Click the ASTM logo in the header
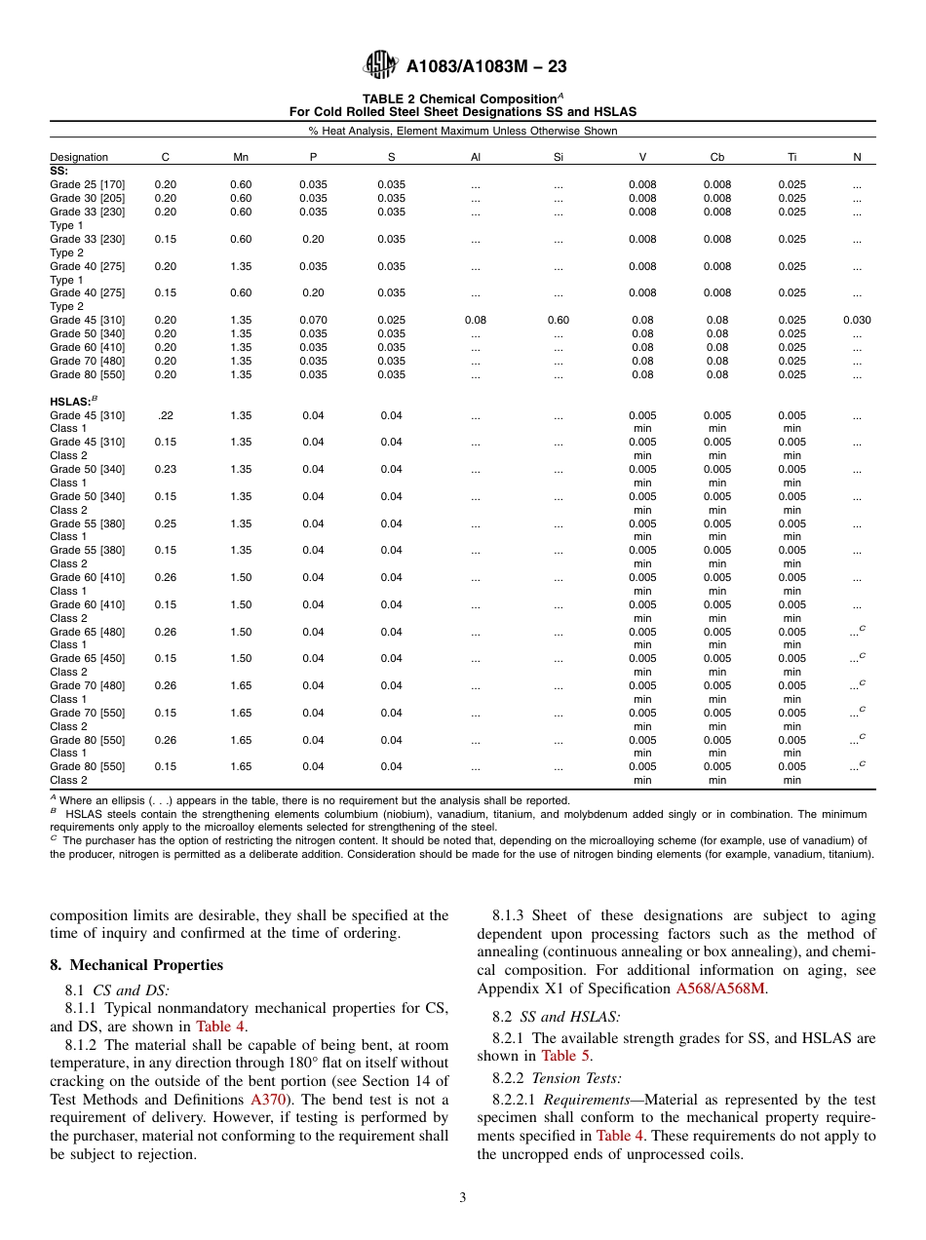pyautogui.click(x=379, y=65)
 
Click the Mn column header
pyautogui.click(x=241, y=157)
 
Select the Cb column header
pyautogui.click(x=717, y=157)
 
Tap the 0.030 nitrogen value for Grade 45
pyautogui.click(x=857, y=320)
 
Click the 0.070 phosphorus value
pyautogui.click(x=313, y=320)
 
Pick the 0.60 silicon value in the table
pyautogui.click(x=559, y=320)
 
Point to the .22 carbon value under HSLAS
pyautogui.click(x=166, y=415)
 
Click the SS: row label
pyautogui.click(x=58, y=170)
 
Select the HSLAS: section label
pyautogui.click(x=71, y=401)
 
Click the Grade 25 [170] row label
pyautogui.click(x=87, y=184)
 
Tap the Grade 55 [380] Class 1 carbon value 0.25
pyautogui.click(x=166, y=523)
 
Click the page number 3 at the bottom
pyautogui.click(x=463, y=1198)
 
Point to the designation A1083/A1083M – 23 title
pyautogui.click(x=486, y=66)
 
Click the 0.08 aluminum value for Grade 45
pyautogui.click(x=476, y=320)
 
